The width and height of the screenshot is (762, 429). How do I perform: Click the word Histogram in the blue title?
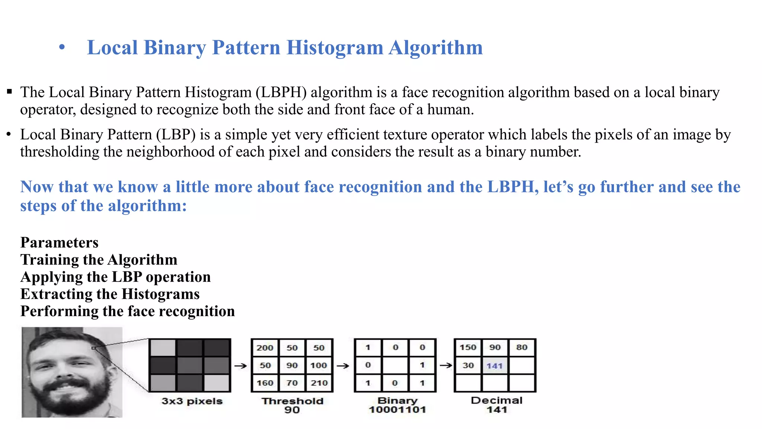[x=334, y=48]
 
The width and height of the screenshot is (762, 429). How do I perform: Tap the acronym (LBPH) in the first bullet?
[x=281, y=92]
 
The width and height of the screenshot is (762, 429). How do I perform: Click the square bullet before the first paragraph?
[x=9, y=92]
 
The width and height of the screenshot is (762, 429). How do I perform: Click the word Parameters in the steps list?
[x=60, y=243]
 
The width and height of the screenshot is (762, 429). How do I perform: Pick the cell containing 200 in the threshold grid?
[x=265, y=348]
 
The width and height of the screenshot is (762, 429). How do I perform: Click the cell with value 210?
[x=319, y=383]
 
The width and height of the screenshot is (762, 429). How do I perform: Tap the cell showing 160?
[x=265, y=383]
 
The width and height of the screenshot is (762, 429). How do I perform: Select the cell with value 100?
[x=319, y=365]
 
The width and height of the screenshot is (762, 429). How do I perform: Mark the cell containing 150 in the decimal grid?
[x=468, y=347]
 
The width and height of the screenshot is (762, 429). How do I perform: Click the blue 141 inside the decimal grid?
[x=494, y=366]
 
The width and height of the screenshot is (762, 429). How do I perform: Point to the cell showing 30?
[x=468, y=365]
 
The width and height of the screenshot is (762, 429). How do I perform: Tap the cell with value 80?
[x=522, y=347]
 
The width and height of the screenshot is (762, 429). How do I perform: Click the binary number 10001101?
[x=397, y=410]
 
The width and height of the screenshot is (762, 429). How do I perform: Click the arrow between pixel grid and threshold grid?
[x=241, y=366]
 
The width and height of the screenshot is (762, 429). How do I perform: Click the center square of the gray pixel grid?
[x=190, y=365]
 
